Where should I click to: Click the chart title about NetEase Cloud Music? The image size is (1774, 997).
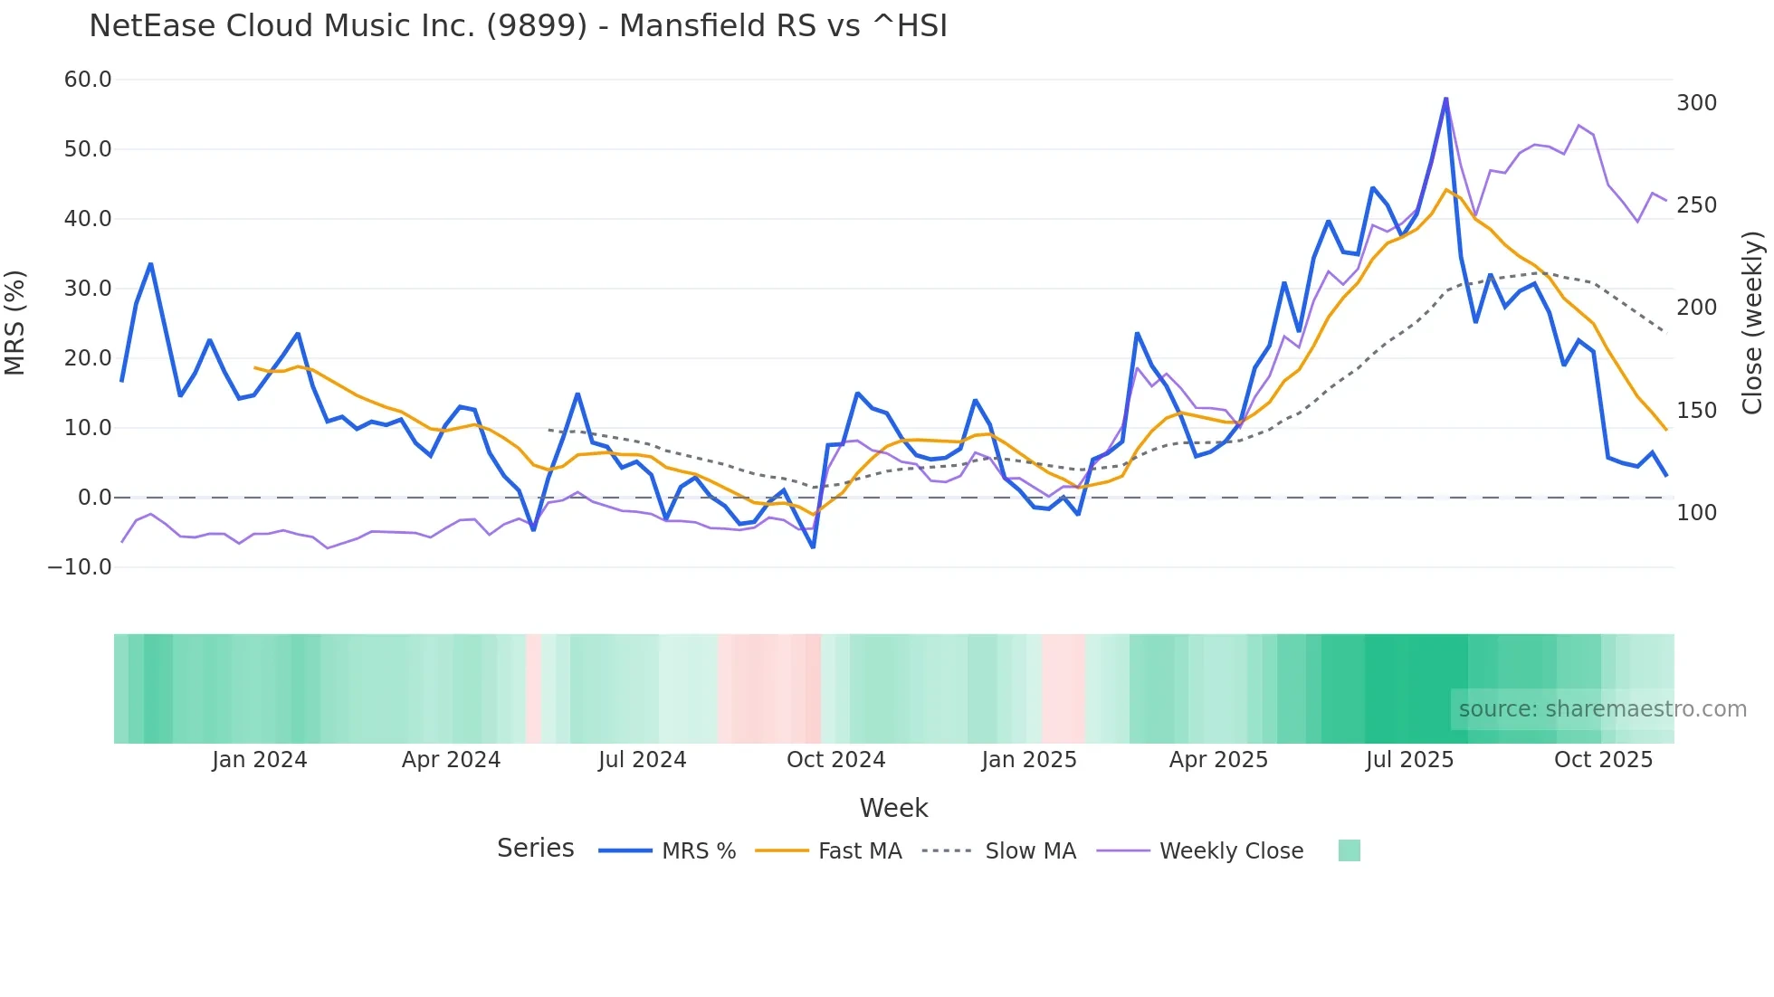click(x=518, y=26)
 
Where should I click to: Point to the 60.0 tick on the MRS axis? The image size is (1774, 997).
click(x=88, y=80)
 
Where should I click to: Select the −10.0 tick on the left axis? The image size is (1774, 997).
click(x=80, y=567)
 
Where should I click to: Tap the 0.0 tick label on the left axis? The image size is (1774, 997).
click(x=94, y=498)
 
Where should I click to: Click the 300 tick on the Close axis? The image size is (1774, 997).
click(x=1696, y=103)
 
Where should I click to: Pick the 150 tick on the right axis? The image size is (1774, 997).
click(x=1696, y=411)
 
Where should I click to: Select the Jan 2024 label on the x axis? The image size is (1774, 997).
click(x=260, y=760)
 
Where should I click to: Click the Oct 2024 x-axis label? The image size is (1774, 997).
click(x=835, y=760)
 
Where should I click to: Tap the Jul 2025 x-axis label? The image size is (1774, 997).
click(x=1409, y=760)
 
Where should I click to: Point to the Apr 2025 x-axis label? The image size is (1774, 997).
click(x=1218, y=760)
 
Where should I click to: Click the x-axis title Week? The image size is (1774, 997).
click(x=893, y=808)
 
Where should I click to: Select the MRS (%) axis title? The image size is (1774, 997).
click(x=15, y=322)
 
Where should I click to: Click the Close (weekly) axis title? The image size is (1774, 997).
click(x=1752, y=322)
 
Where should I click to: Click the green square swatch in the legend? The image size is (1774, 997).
click(x=1349, y=850)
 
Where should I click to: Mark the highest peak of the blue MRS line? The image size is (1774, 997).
click(x=1445, y=99)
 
